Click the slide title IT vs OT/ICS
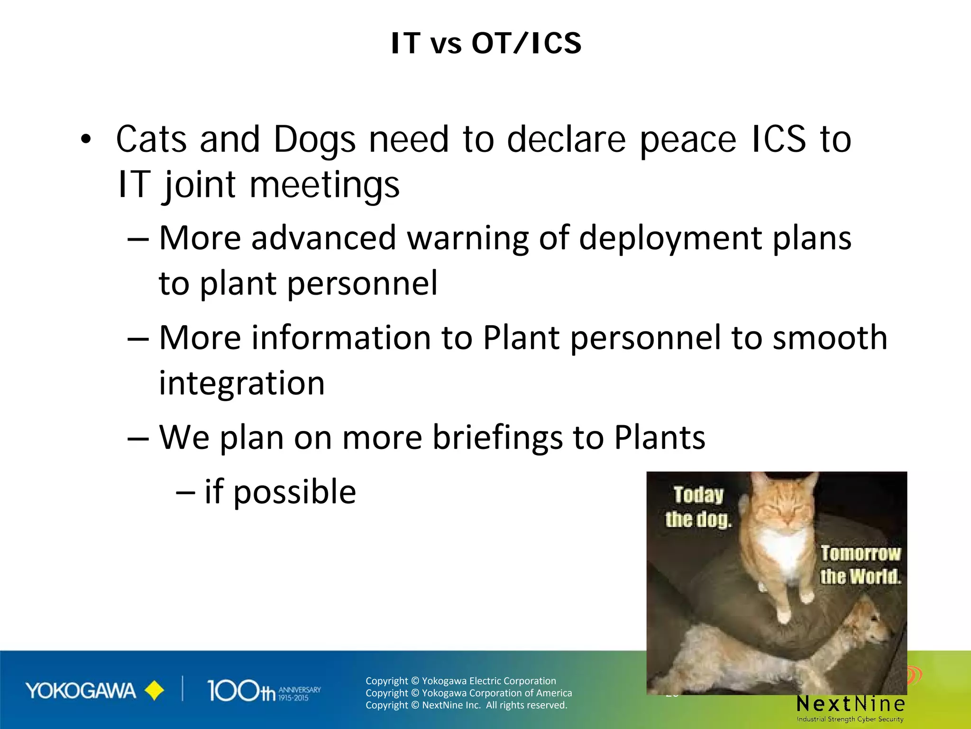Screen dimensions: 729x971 [486, 44]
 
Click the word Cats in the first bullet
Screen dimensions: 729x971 [151, 140]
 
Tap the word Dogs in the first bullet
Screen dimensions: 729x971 [314, 140]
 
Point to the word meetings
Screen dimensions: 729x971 [324, 185]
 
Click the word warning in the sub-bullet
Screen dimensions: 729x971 [467, 238]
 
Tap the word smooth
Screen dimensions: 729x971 [829, 338]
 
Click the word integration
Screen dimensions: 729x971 [242, 383]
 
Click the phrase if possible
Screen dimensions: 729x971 [280, 492]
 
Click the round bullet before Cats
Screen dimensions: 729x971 [85, 140]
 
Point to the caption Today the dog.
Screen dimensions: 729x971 [698, 507]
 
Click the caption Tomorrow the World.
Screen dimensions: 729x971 [860, 565]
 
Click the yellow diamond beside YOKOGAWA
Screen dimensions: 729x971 [154, 691]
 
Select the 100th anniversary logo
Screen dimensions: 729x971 [264, 691]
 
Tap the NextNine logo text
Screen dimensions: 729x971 [851, 703]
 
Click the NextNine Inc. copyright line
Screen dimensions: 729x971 [466, 705]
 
